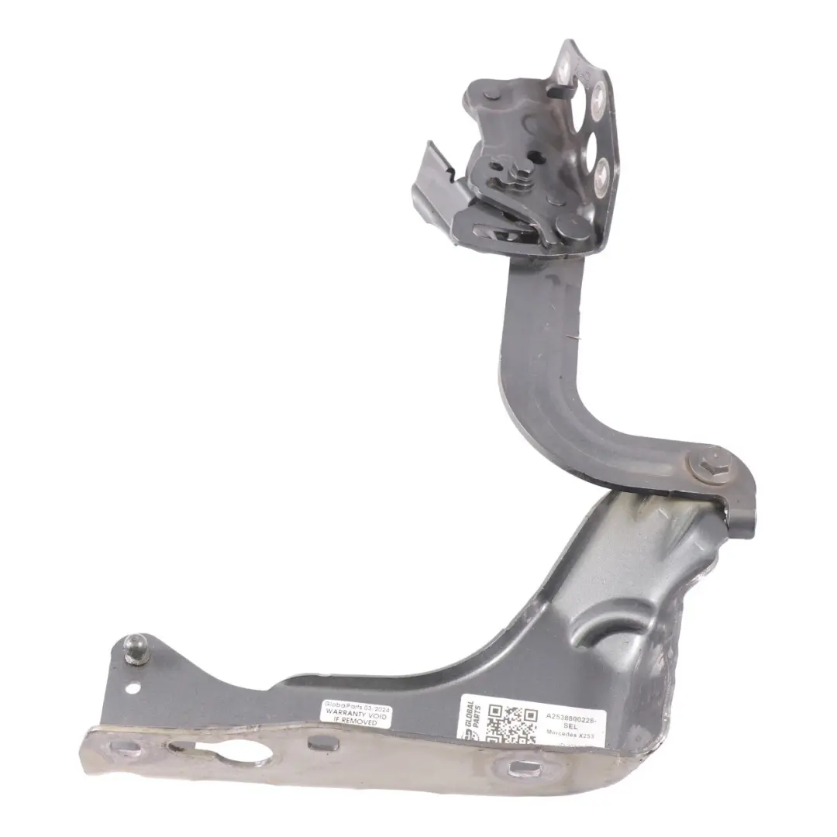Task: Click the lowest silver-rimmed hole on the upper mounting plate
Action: [603, 168]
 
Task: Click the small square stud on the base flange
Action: [318, 743]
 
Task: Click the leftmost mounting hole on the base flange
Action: [120, 747]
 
